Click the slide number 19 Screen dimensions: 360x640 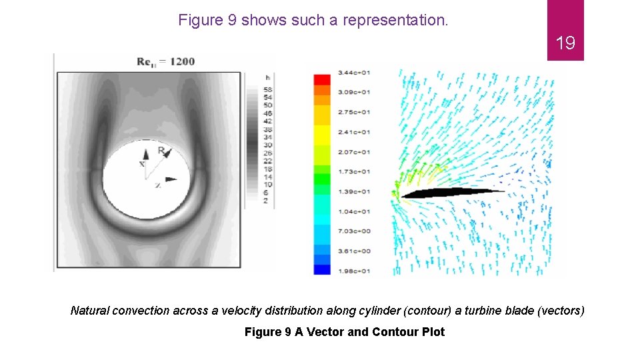(x=565, y=44)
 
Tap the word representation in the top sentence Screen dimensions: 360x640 (x=395, y=20)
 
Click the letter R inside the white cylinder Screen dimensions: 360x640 (x=161, y=151)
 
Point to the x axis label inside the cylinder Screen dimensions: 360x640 (x=141, y=163)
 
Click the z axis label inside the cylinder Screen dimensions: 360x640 (x=157, y=185)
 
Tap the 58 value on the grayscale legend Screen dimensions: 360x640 (x=267, y=89)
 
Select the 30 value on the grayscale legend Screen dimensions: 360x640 (x=267, y=145)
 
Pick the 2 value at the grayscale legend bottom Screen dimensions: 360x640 (x=266, y=201)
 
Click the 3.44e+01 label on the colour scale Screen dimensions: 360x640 (x=355, y=72)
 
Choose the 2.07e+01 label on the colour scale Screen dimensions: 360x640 (x=355, y=152)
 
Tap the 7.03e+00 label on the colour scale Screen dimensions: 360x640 (x=355, y=231)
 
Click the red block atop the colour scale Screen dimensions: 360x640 (x=322, y=79)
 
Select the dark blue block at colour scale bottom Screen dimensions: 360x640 (x=322, y=269)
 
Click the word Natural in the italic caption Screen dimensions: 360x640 (x=91, y=311)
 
